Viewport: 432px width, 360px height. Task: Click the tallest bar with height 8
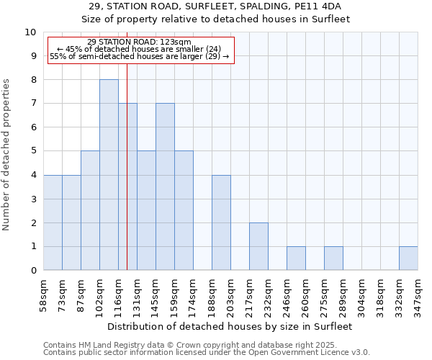(x=109, y=175)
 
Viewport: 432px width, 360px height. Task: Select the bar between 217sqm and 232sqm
(x=258, y=246)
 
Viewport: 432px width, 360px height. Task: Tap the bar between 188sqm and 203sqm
(x=221, y=222)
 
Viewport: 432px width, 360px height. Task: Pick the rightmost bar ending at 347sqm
(x=408, y=258)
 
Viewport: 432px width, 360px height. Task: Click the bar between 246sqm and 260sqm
(x=296, y=258)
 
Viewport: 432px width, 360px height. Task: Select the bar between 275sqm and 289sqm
(x=333, y=258)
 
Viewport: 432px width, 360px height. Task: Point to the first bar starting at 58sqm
(x=53, y=222)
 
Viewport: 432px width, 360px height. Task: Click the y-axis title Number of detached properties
(x=6, y=155)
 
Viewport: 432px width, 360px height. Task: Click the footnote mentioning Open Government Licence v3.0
(x=206, y=353)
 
